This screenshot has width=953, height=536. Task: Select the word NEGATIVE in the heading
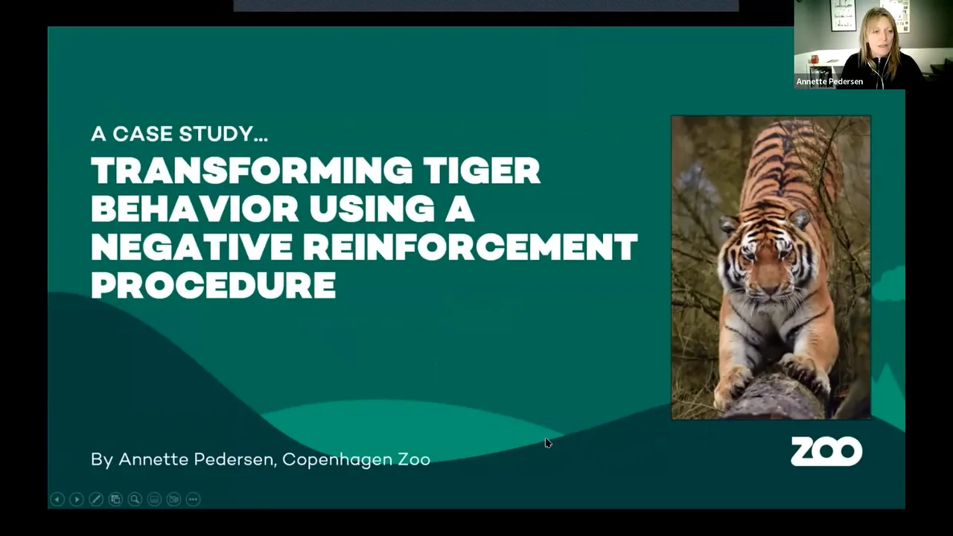click(191, 247)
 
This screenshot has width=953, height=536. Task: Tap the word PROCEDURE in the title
click(213, 285)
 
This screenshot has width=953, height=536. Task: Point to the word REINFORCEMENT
click(470, 247)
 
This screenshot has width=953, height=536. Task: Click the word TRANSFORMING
click(252, 171)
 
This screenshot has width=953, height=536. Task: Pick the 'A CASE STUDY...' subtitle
click(179, 134)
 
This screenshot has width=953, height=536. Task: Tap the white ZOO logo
click(826, 451)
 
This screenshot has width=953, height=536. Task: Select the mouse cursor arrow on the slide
click(548, 443)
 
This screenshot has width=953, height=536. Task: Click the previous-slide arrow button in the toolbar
click(57, 500)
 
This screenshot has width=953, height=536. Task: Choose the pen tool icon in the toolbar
click(96, 500)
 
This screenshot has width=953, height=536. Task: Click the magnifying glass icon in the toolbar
click(135, 500)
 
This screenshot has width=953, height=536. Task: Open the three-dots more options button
click(193, 500)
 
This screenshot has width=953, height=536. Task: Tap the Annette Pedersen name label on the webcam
click(829, 82)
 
